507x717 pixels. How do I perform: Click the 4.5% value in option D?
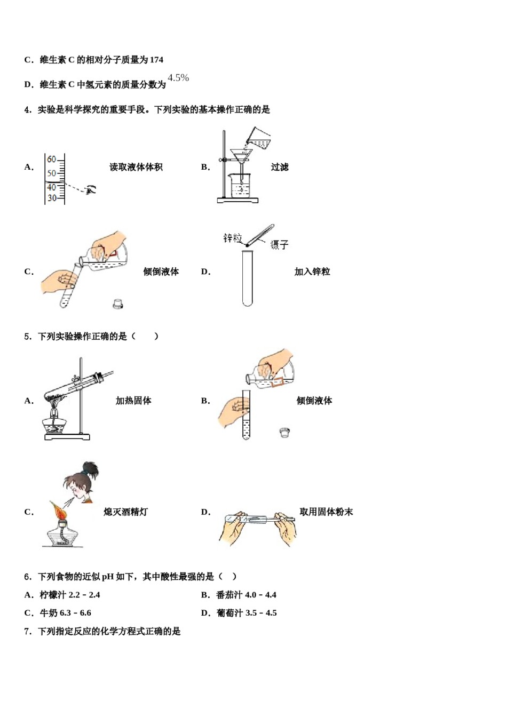pyautogui.click(x=178, y=78)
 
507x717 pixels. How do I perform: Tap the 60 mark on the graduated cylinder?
pyautogui.click(x=51, y=159)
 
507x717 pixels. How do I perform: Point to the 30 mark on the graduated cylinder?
pyautogui.click(x=51, y=198)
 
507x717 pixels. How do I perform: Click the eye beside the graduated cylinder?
pyautogui.click(x=91, y=189)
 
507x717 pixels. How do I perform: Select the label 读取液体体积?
pyautogui.click(x=136, y=167)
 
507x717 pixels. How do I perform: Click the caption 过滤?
pyautogui.click(x=279, y=167)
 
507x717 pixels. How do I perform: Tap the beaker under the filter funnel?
pyautogui.click(x=241, y=186)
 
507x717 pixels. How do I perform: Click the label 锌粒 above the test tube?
pyautogui.click(x=232, y=238)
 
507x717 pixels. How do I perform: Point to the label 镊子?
pyautogui.click(x=279, y=245)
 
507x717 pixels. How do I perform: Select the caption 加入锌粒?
pyautogui.click(x=312, y=272)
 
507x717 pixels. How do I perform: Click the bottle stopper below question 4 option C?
pyautogui.click(x=118, y=304)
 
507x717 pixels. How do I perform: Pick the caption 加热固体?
pyautogui.click(x=133, y=401)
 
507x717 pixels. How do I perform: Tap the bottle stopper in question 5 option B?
pyautogui.click(x=284, y=432)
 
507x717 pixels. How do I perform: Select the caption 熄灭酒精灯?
pyautogui.click(x=125, y=512)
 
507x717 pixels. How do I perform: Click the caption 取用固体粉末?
pyautogui.click(x=326, y=512)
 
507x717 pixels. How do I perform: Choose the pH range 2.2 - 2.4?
pyautogui.click(x=84, y=595)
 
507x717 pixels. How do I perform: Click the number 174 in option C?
pyautogui.click(x=156, y=60)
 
